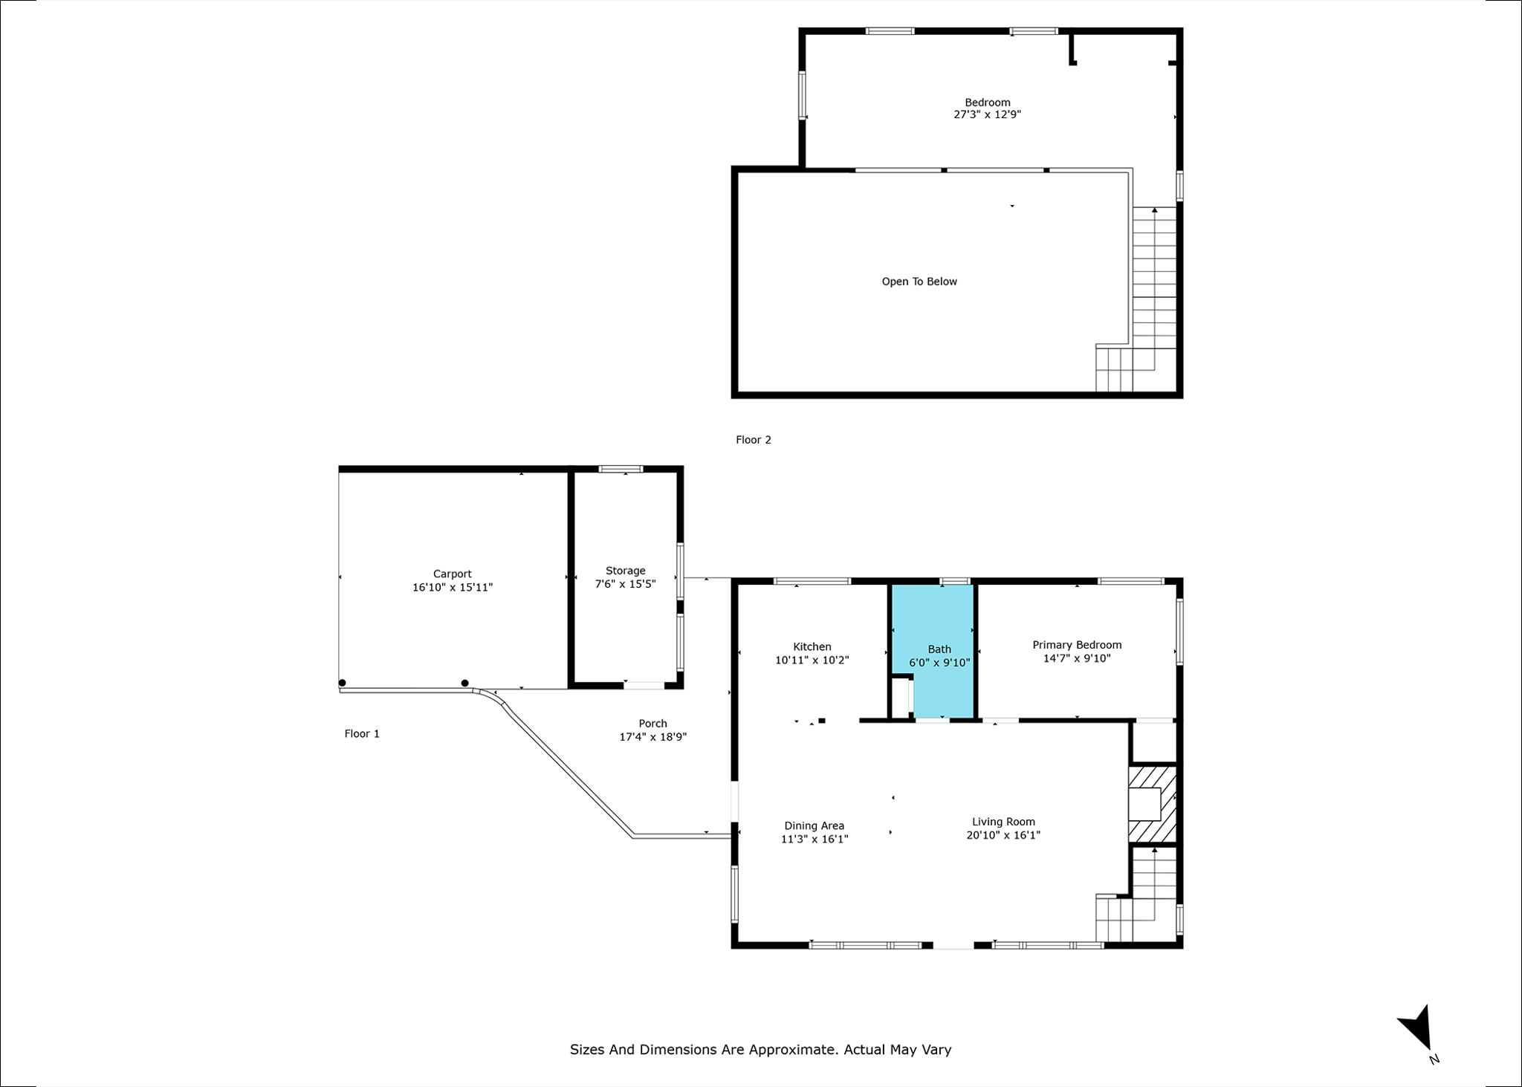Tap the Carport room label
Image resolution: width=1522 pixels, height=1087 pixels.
click(x=453, y=574)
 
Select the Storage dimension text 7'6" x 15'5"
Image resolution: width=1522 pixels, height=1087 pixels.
click(x=625, y=584)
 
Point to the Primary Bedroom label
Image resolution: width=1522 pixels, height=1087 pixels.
click(x=1077, y=645)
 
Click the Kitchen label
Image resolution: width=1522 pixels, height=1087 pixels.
click(x=812, y=646)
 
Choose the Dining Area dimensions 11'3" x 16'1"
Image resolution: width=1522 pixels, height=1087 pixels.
click(x=815, y=839)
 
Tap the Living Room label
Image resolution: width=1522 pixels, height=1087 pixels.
click(x=1003, y=822)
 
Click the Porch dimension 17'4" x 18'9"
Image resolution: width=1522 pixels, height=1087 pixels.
click(x=653, y=737)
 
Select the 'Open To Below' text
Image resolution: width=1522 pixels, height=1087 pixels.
click(x=919, y=282)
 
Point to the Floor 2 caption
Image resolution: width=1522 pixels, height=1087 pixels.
click(x=754, y=440)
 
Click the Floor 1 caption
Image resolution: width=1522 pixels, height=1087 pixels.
click(x=362, y=734)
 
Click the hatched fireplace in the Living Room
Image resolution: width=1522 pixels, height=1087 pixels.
click(x=1153, y=804)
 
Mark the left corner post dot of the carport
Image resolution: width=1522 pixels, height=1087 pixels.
click(x=343, y=683)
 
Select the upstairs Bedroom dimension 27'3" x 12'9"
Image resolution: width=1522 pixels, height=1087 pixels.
click(x=988, y=114)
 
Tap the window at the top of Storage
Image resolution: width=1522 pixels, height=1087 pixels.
click(x=621, y=469)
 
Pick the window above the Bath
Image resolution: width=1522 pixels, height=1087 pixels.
click(x=955, y=581)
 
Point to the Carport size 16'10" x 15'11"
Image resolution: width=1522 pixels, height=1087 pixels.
click(x=453, y=587)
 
